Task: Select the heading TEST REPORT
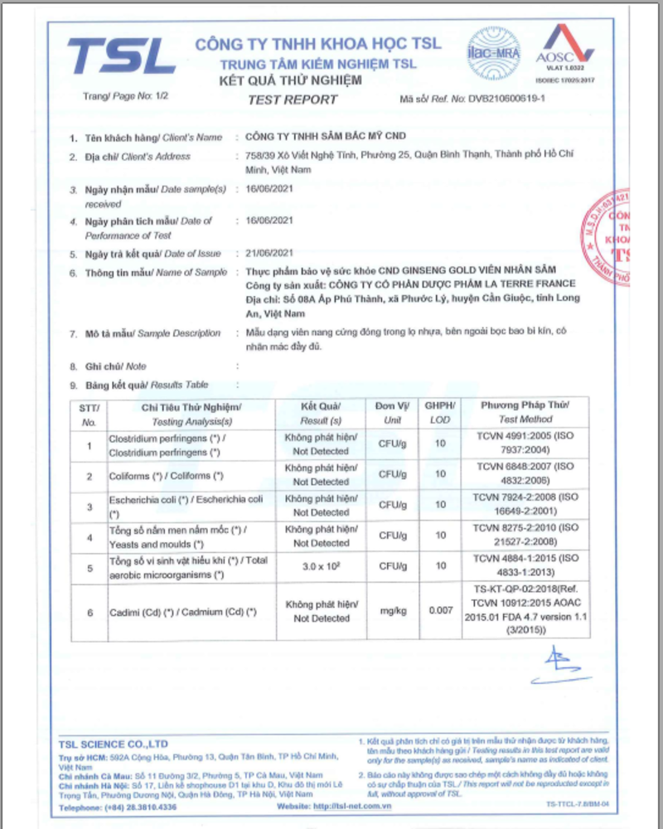pos(293,99)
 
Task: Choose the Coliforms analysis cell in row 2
pos(167,476)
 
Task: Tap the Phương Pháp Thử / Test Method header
pos(525,413)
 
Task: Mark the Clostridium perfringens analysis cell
pos(165,444)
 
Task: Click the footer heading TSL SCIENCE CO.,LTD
pos(114,744)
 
